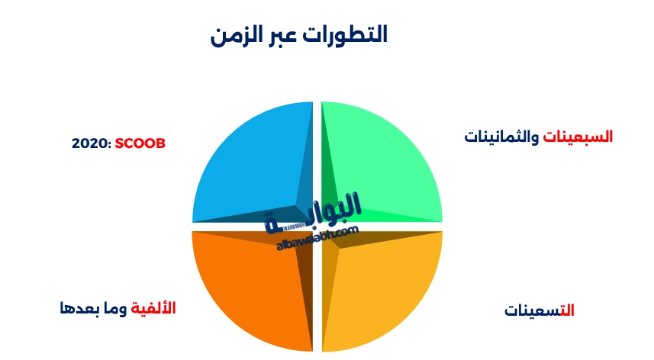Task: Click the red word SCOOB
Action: (140, 143)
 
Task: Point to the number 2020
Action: (90, 143)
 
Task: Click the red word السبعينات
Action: (578, 137)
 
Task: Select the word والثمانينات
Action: (502, 137)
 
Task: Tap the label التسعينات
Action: (540, 310)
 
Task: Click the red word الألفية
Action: (153, 308)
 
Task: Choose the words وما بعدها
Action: (93, 309)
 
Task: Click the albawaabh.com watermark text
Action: (317, 238)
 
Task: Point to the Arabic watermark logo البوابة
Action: (313, 211)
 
